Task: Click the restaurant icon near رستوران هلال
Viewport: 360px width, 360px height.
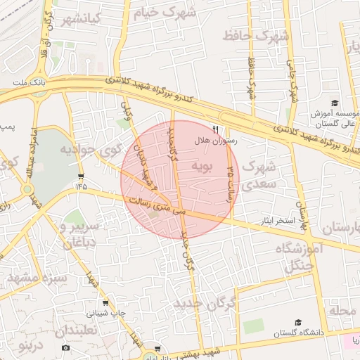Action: (216, 129)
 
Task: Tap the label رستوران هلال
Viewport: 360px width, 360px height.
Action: (217, 141)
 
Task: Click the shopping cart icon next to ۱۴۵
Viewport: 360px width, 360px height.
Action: (82, 176)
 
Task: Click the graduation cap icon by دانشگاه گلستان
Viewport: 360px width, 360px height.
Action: (298, 322)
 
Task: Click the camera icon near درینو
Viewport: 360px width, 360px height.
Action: (66, 347)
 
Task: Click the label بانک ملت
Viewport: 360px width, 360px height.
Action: (28, 82)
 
